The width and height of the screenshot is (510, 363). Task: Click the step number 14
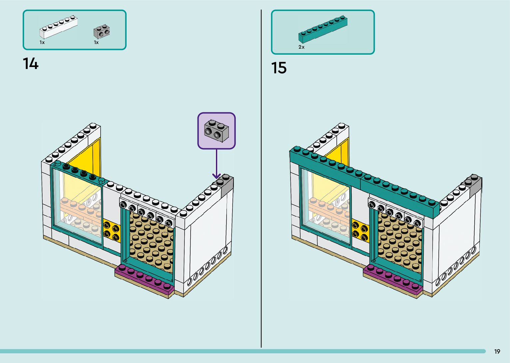(x=31, y=64)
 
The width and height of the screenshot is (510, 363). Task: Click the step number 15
(x=279, y=68)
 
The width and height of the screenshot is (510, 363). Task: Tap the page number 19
(x=497, y=351)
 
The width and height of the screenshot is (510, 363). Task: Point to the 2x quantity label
(x=301, y=47)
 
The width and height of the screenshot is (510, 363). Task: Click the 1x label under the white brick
(x=42, y=43)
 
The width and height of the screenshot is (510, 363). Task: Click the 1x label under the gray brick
(x=96, y=43)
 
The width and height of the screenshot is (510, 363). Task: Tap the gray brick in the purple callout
(x=216, y=131)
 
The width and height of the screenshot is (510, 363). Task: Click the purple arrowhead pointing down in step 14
(x=217, y=176)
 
